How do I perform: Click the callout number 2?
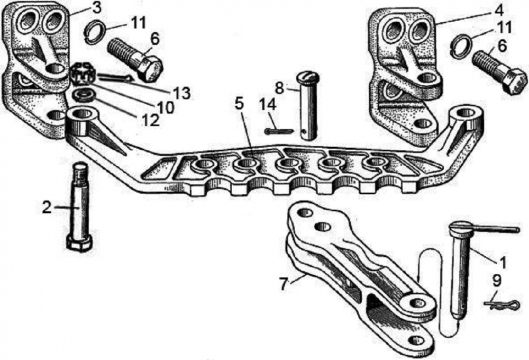click(47, 207)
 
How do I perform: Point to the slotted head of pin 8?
click(308, 78)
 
